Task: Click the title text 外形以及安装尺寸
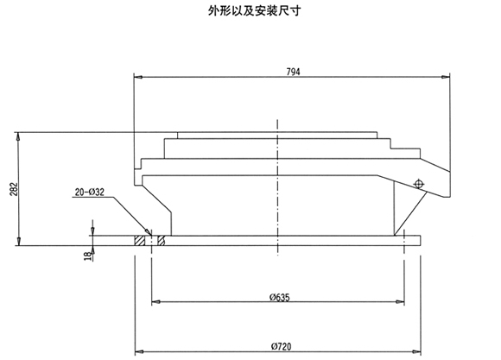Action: point(254,11)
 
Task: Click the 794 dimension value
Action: point(293,72)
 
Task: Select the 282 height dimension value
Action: point(14,189)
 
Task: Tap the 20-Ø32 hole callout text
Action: point(90,192)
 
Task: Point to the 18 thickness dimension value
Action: point(88,256)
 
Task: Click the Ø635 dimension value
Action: point(279,297)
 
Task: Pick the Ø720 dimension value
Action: point(282,346)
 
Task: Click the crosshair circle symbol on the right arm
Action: point(418,184)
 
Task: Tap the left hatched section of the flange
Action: point(140,241)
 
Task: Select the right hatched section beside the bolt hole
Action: point(162,241)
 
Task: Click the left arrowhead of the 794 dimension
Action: point(138,77)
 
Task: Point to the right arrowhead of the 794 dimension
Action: point(446,77)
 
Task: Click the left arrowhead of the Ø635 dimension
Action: point(155,301)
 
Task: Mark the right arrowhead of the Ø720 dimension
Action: point(416,351)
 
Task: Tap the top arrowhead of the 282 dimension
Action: point(19,136)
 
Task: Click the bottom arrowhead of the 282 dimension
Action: point(19,242)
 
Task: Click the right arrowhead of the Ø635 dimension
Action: point(400,301)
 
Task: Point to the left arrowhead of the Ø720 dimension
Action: point(139,351)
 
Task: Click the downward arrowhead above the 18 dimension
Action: point(92,231)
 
